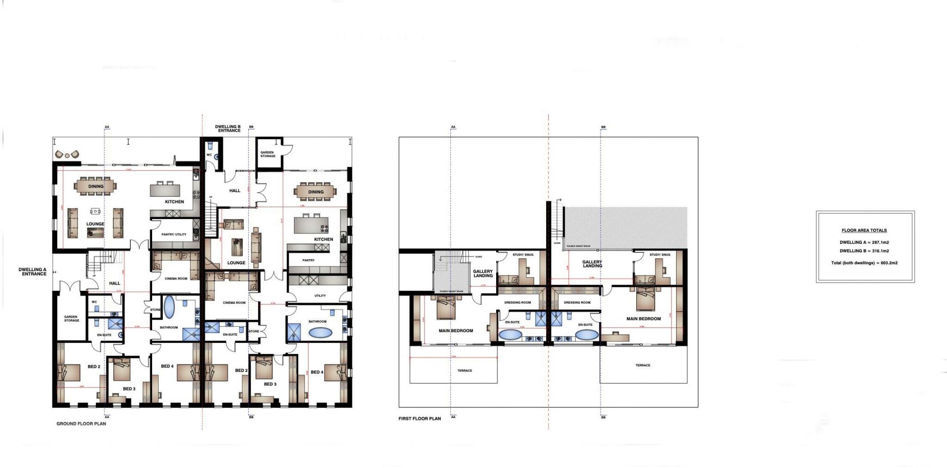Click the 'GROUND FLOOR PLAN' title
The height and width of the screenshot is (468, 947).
81,424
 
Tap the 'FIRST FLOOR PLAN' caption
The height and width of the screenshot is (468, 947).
419,419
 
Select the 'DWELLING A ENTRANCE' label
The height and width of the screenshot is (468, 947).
32,272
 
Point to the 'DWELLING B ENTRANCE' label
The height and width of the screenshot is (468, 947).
228,128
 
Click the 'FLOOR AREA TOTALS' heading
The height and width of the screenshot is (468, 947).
864,230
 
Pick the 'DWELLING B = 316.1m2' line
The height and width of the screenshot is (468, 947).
864,251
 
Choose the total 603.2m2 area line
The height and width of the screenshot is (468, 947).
864,263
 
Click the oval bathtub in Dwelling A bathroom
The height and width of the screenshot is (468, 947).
169,308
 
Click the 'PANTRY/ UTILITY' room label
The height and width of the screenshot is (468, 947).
174,234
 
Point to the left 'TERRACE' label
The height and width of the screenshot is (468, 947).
465,371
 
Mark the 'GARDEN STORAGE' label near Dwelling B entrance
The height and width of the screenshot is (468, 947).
268,154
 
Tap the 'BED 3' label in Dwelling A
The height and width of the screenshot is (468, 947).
129,389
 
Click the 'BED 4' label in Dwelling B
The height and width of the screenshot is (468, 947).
317,372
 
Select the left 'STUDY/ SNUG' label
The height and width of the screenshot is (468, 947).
523,255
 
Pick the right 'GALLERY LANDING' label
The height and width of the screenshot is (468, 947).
592,264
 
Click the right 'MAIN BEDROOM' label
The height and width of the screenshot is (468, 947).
643,319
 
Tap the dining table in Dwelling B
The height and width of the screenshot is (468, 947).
316,192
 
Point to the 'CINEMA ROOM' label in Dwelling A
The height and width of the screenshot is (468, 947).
176,279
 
